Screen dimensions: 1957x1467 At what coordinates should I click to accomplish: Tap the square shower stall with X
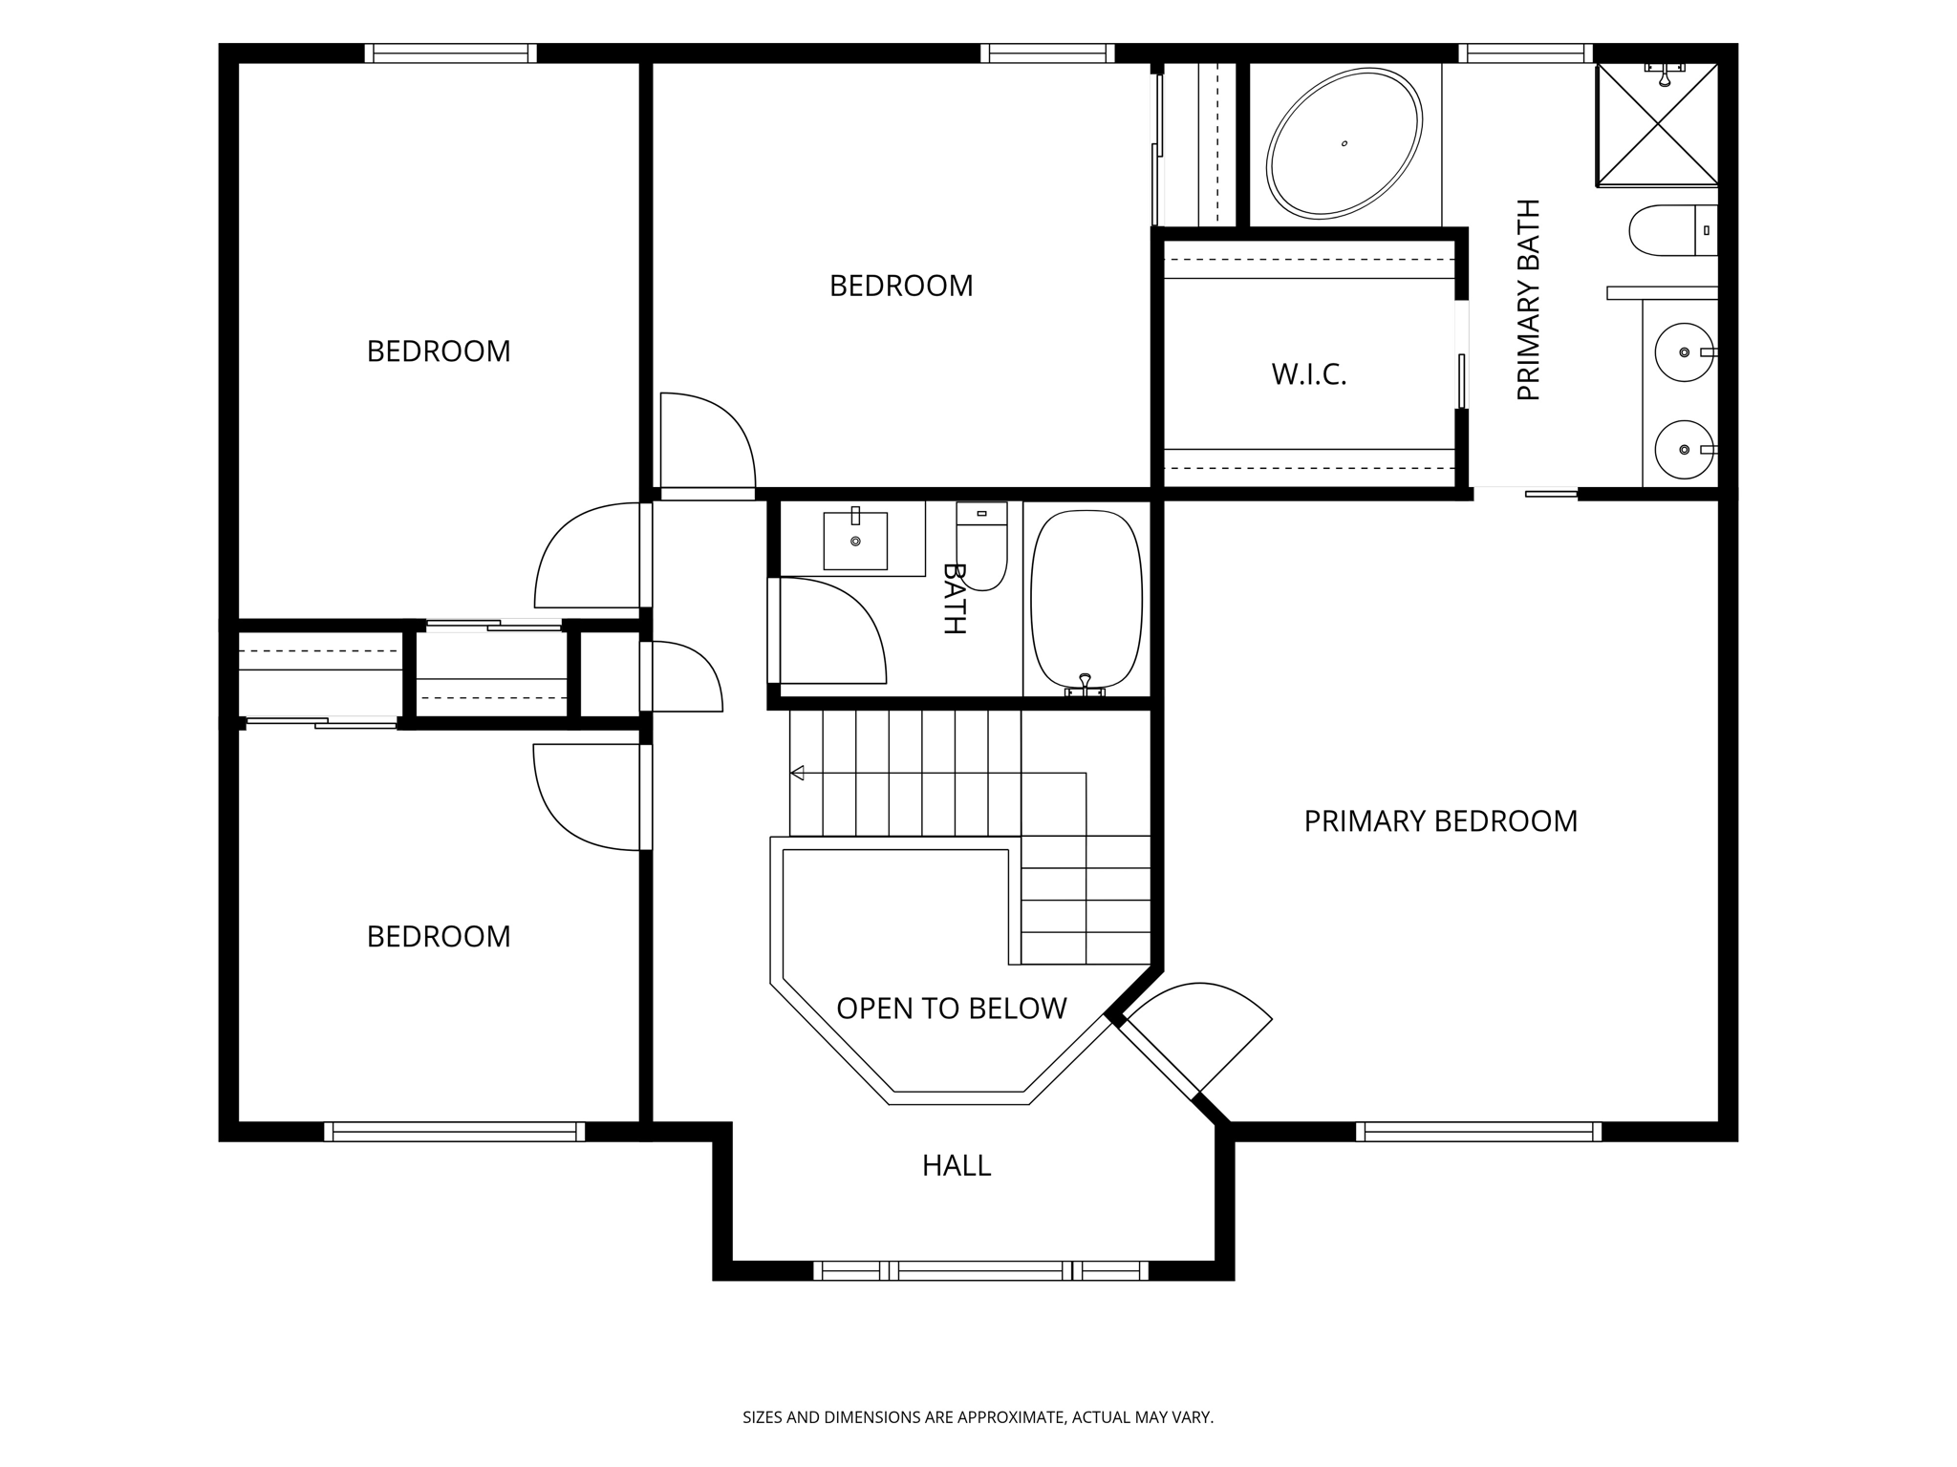pos(1657,124)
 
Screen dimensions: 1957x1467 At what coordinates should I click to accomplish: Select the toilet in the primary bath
pos(1673,230)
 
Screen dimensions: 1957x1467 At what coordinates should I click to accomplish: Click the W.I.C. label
pos(1309,374)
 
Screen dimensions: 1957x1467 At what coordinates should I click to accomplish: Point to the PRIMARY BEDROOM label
pos(1440,821)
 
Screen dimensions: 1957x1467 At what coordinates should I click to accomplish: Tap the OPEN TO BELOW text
pos(951,1009)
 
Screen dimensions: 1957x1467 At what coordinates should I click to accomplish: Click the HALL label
pos(957,1165)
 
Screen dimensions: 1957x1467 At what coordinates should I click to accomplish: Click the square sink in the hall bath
pos(855,540)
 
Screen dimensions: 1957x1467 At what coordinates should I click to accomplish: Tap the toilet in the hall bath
pos(981,545)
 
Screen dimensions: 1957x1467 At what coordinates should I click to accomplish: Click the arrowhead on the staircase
pos(797,773)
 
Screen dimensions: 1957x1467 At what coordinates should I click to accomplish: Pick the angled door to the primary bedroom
pos(1194,1040)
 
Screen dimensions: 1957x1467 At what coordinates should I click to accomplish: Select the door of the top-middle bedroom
pos(708,445)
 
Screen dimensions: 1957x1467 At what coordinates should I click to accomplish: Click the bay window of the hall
pos(981,1270)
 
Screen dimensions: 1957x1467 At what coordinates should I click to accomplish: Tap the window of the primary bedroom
pos(1479,1132)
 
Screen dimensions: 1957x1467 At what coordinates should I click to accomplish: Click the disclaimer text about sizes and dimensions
pos(978,1417)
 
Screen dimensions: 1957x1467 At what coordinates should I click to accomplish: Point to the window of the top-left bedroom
pos(450,53)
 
